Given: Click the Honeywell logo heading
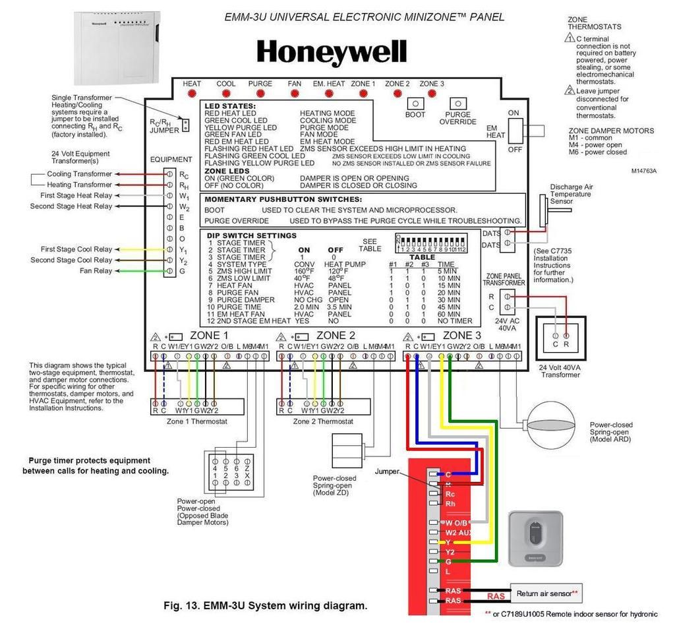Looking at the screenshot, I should point(332,52).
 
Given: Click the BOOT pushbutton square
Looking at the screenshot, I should point(415,104).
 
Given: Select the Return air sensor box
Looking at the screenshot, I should point(544,593).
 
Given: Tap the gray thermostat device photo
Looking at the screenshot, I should point(535,538).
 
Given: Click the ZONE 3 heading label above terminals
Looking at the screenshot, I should point(463,335).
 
